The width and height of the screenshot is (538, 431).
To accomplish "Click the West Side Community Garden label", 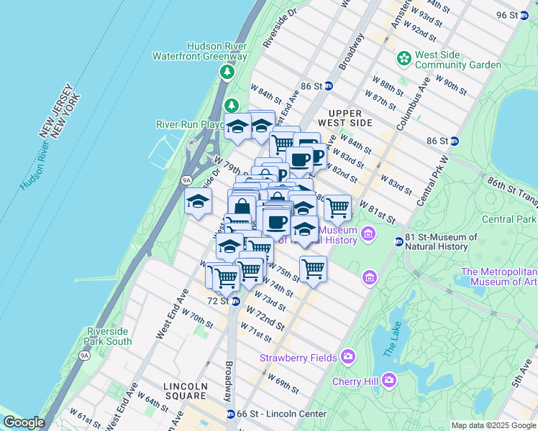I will click(x=457, y=60).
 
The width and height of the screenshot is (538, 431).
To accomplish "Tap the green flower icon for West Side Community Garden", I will click(x=403, y=57).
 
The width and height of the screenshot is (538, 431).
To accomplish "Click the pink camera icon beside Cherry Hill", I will click(x=389, y=379).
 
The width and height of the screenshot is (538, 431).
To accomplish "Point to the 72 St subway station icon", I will click(x=235, y=301).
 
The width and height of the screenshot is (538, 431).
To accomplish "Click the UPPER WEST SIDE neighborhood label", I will click(x=350, y=118).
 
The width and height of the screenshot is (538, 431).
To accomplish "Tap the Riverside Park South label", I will click(x=109, y=336).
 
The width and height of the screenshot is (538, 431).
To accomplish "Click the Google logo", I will click(x=23, y=422).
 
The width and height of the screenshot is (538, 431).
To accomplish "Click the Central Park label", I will click(x=509, y=219).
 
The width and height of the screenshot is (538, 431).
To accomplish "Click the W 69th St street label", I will click(x=283, y=383).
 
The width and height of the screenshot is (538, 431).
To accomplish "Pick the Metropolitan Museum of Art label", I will click(x=499, y=277).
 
